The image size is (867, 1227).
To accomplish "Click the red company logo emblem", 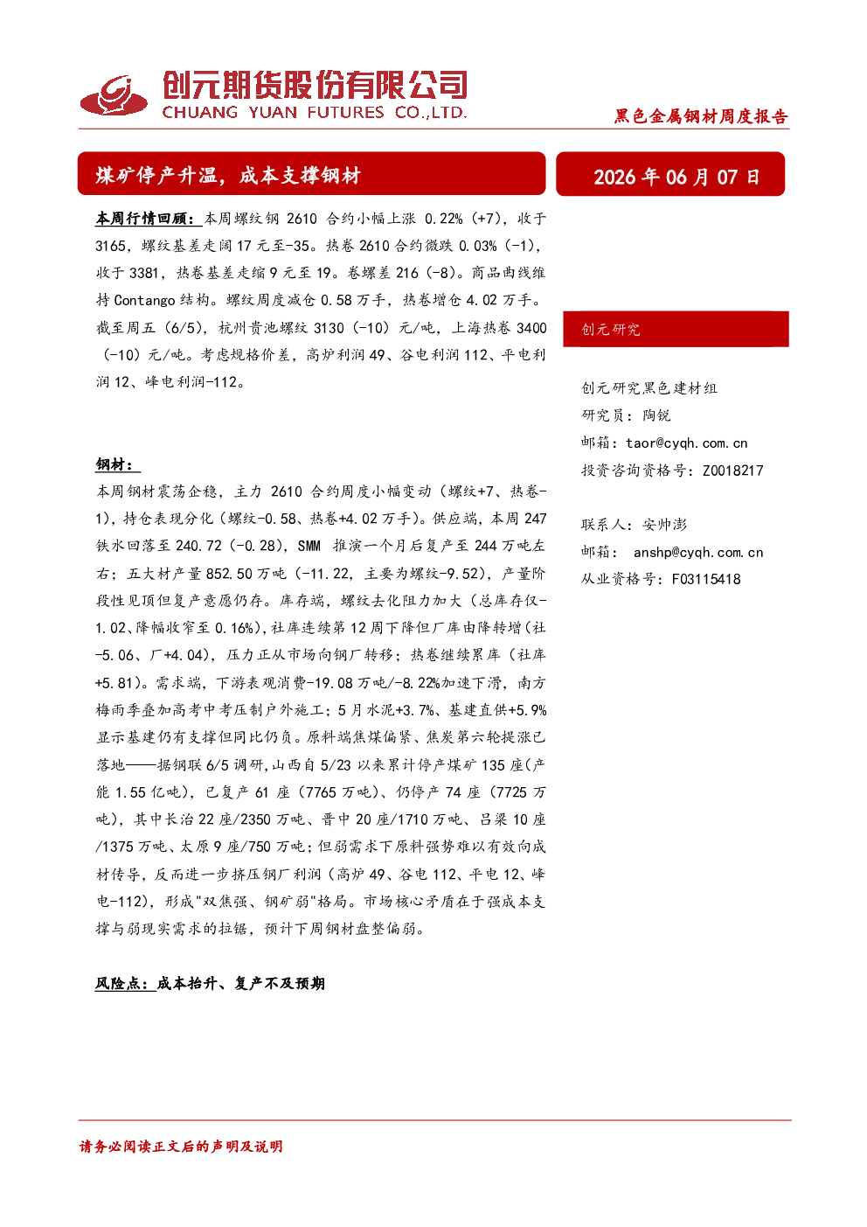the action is point(114,95).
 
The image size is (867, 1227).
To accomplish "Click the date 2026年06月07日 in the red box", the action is point(676,177).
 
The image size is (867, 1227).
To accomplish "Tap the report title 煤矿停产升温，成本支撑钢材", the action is point(228,175).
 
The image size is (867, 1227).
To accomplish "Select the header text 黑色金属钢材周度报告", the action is point(701,116).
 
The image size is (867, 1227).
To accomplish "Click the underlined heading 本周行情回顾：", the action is point(148,219).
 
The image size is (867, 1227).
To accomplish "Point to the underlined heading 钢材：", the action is point(117,464).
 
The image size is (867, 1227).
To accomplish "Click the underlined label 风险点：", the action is point(125,983).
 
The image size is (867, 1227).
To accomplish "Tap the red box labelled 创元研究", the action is point(676,329).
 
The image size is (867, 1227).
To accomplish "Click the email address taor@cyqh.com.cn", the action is point(686,443).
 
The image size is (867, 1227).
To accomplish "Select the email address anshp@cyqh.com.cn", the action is point(697,552).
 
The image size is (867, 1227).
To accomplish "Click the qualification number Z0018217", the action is point(732,471).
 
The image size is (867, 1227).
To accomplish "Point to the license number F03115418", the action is point(706,579).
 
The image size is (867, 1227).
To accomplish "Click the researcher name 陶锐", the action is point(656,415).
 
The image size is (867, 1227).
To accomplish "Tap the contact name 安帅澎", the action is point(664,524).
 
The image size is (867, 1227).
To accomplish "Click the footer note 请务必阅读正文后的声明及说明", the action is point(181,1147).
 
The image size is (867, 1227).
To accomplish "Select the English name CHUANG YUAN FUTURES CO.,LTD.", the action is point(314,112).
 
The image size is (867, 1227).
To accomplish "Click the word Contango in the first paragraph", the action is point(144,300).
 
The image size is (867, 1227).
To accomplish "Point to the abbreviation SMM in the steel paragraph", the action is point(309,546).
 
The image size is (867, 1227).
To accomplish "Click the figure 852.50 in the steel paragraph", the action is point(229,574).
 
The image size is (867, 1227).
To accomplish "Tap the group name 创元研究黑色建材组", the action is point(649,387).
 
